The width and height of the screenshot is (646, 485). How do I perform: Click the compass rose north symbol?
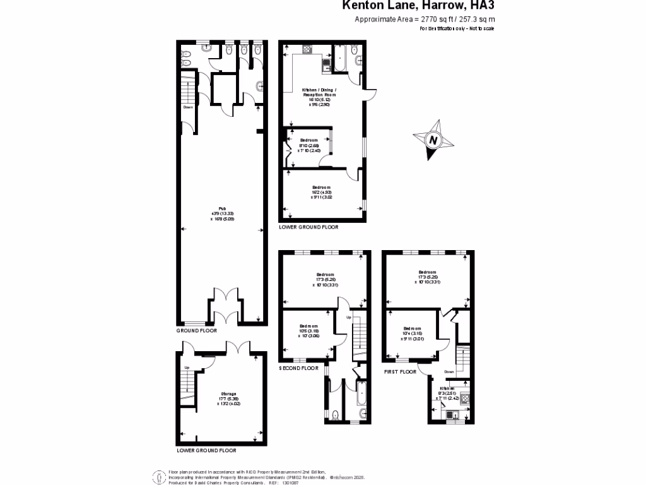[433, 140]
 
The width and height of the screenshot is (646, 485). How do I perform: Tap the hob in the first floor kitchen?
[464, 398]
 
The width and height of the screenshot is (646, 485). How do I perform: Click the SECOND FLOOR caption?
[299, 368]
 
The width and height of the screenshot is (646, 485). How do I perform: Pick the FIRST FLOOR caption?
[401, 372]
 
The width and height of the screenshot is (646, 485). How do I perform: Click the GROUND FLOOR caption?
[196, 330]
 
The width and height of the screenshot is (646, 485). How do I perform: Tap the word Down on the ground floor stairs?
[188, 107]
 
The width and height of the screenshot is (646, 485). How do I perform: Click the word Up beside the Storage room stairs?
[187, 368]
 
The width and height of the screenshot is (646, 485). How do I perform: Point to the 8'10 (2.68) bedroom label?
[309, 145]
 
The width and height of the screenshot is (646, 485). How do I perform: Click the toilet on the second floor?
[335, 414]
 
